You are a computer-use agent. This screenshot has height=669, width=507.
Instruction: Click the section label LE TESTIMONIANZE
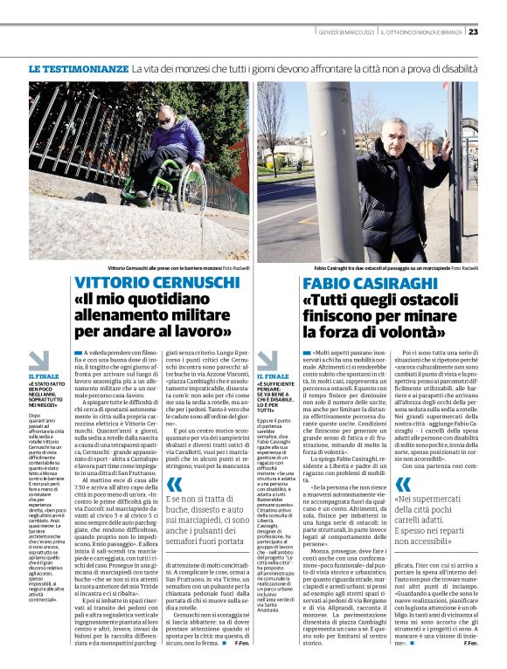pos(78,68)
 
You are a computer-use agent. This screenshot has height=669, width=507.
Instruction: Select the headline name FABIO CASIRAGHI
pos(369,283)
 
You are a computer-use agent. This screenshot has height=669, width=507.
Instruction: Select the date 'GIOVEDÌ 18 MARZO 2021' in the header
pos(348,33)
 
